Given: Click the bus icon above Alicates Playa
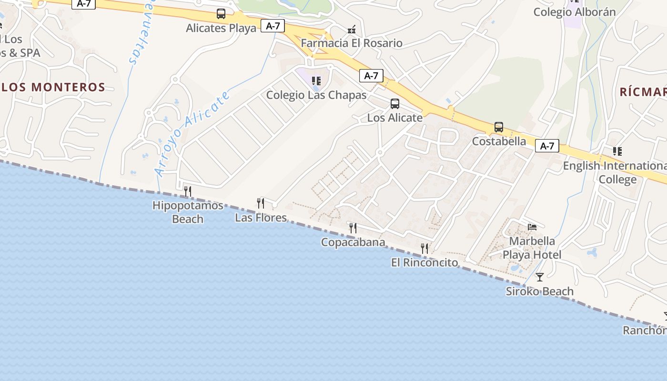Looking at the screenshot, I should pos(221,14).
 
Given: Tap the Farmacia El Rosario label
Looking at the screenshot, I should pos(352,43).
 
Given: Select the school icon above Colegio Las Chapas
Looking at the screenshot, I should pos(316,81).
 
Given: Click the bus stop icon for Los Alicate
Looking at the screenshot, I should pos(395,103).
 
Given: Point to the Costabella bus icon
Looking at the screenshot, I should pos(499,127).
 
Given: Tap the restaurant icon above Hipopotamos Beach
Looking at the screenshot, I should pos(188,191).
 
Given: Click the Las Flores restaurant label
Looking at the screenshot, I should pos(261,218).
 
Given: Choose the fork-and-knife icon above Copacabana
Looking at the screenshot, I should pos(353,228).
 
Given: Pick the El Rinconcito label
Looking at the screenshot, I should pos(424,262).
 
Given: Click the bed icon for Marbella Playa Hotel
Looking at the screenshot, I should pos(532,227).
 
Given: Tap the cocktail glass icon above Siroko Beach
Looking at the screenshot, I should pos(540,277).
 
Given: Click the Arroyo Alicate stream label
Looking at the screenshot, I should pos(192,133).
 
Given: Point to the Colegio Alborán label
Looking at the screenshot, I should pos(575,12).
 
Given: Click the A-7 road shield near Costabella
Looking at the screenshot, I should pos(547,146).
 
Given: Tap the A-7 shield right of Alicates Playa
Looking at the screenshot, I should pos(273,26).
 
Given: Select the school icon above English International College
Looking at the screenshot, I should pos(617,151).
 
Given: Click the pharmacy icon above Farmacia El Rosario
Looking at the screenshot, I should pos(352,30).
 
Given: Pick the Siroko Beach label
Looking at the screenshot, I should pos(540,291).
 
